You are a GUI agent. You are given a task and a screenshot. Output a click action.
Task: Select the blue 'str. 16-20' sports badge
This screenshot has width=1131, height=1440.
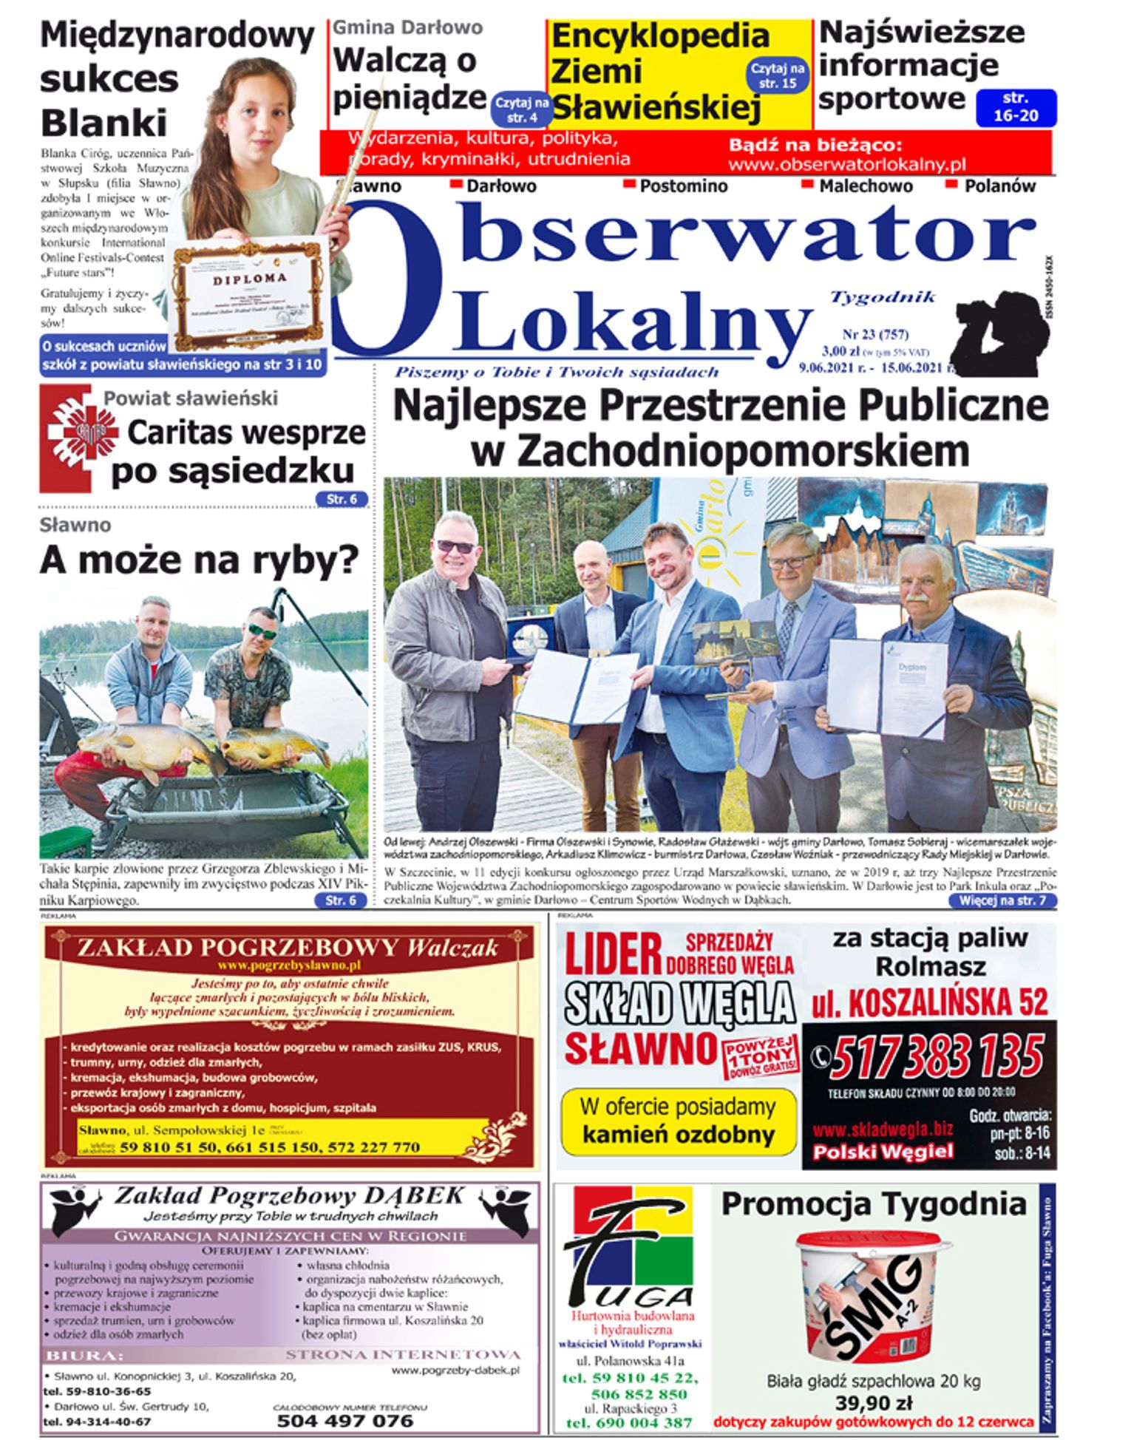(1016, 108)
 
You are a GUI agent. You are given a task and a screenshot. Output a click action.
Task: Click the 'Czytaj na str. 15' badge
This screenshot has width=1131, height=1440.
(778, 75)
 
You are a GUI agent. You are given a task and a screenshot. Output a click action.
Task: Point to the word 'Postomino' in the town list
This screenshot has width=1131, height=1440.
(683, 186)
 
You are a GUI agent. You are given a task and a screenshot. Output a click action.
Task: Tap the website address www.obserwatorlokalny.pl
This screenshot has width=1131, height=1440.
(846, 164)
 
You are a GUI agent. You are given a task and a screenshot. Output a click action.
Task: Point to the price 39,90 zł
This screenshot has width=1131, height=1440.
(873, 1402)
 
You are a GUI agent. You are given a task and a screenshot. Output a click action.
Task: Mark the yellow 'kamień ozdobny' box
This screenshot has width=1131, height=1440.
(678, 1121)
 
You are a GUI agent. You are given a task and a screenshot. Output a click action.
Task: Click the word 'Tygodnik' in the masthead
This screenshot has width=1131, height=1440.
(883, 297)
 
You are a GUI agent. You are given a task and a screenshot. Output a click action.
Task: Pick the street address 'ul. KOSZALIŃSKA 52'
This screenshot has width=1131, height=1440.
(929, 1002)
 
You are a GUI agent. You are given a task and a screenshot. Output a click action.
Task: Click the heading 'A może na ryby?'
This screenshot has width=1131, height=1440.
(199, 560)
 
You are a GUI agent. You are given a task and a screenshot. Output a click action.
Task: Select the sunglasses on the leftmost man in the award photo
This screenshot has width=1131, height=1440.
(455, 546)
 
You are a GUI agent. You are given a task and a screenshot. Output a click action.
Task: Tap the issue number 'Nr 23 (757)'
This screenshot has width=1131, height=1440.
(875, 334)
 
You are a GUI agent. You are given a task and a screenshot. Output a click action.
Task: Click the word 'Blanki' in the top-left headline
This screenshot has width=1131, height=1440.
(103, 123)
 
